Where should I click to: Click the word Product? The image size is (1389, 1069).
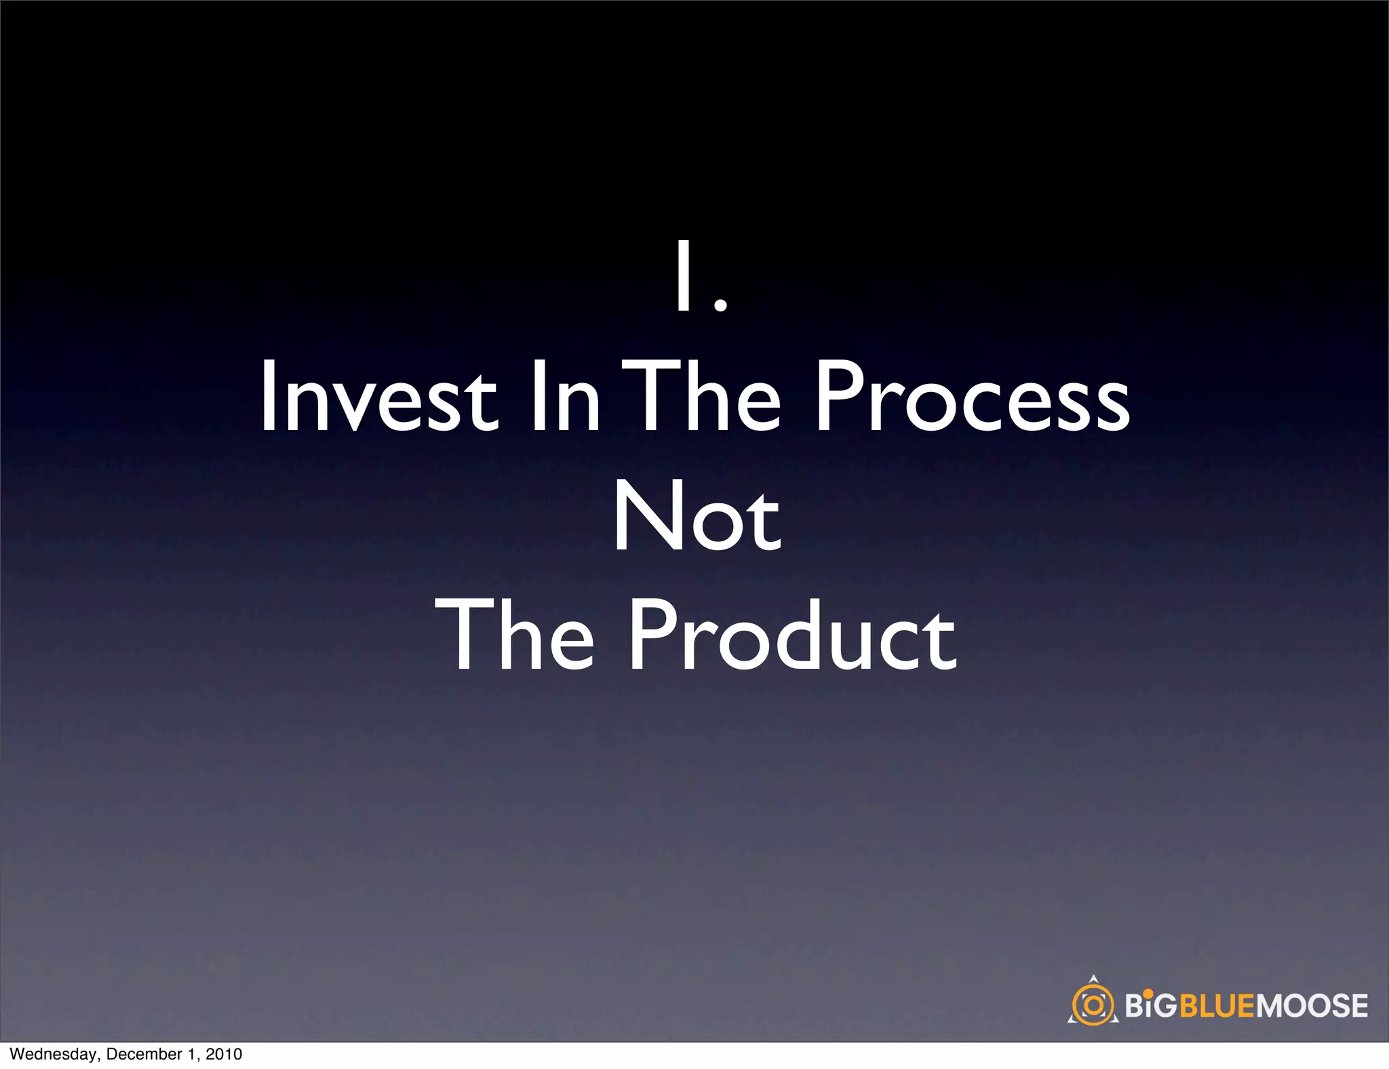click(x=793, y=636)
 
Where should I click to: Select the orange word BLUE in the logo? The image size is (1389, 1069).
click(x=1217, y=1005)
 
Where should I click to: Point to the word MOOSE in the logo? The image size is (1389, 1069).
click(x=1312, y=1005)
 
